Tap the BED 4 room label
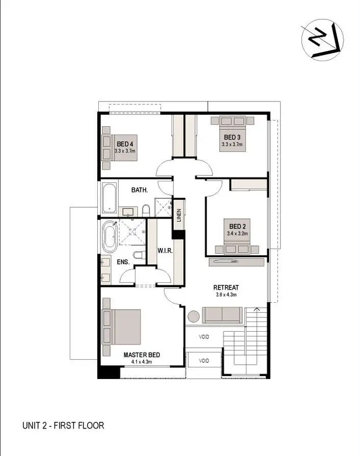tap(125, 144)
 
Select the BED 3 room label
tap(232, 137)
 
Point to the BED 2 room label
tap(237, 226)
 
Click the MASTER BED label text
tap(140, 355)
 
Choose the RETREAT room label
tap(226, 287)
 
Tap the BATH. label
tap(140, 190)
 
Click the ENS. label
tap(124, 262)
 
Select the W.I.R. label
tap(164, 251)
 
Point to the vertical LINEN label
tap(179, 216)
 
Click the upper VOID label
tap(204, 336)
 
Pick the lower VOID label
tap(204, 361)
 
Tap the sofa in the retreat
tap(222, 315)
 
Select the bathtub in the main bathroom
tap(109, 198)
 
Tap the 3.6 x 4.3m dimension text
tap(226, 294)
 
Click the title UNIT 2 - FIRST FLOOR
tap(63, 425)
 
